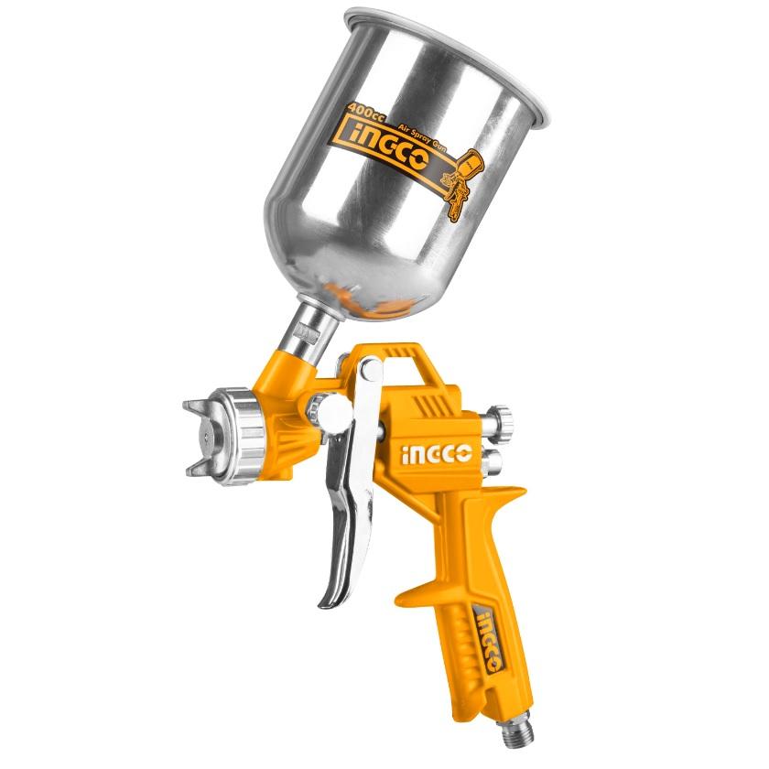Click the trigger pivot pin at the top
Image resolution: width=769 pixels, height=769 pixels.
point(370,371)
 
